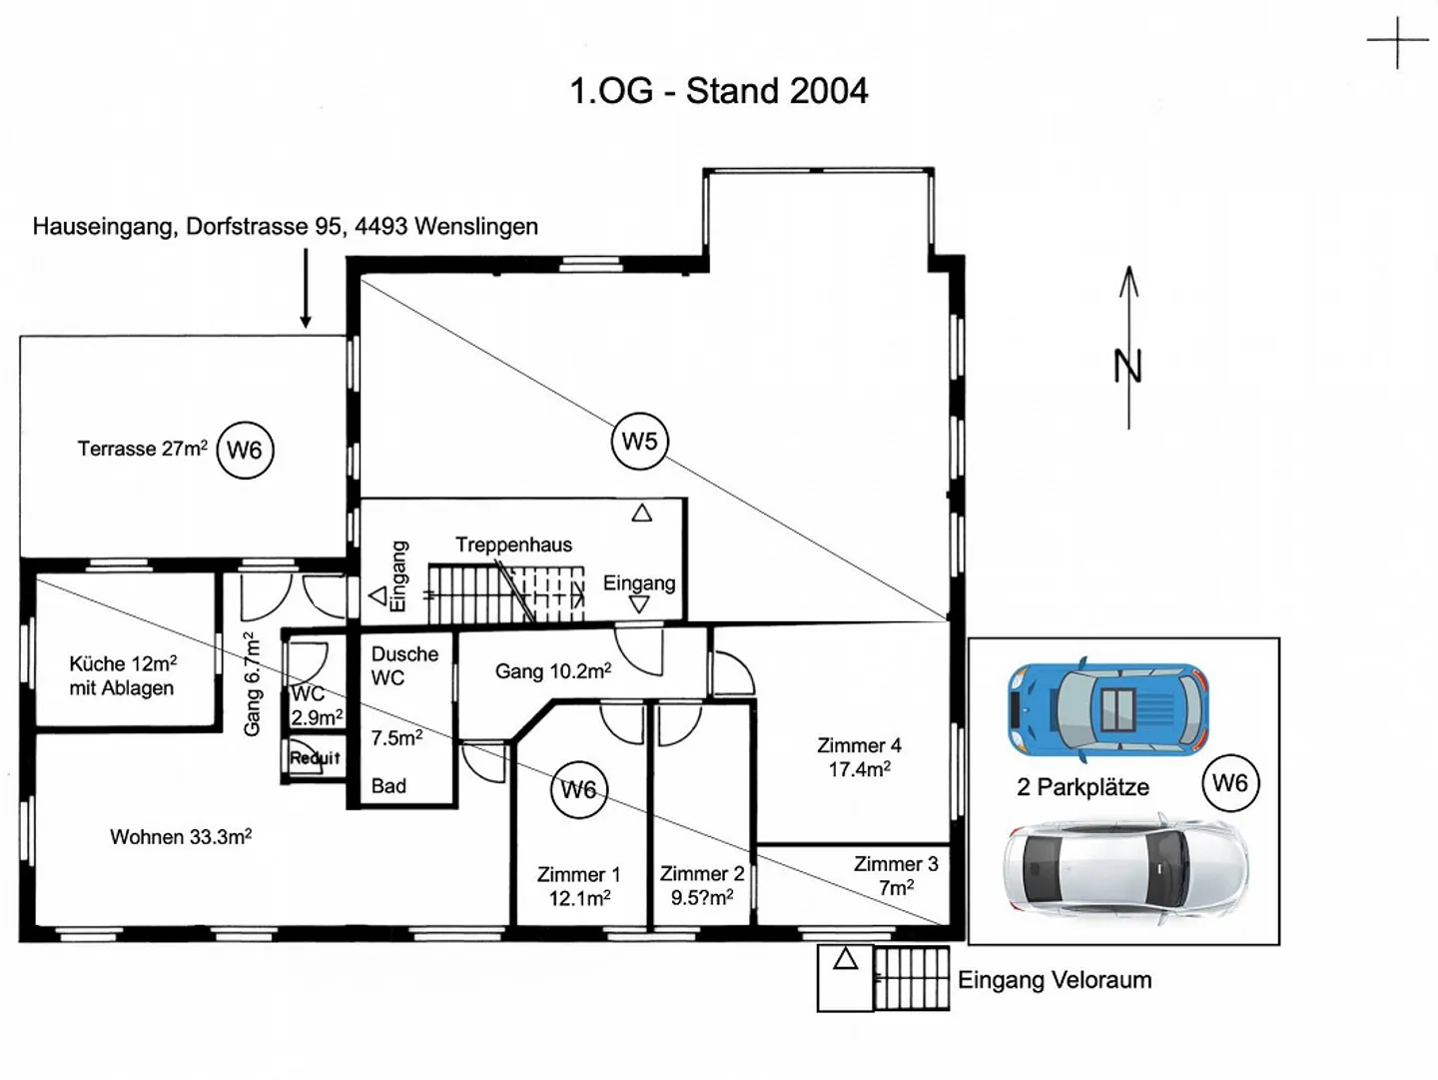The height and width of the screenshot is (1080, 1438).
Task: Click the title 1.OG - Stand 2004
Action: pyautogui.click(x=718, y=91)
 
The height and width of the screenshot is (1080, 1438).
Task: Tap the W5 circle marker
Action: pyautogui.click(x=639, y=442)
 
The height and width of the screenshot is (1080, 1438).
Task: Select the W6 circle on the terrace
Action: pyautogui.click(x=245, y=451)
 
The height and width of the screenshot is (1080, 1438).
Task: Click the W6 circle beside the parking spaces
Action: pyautogui.click(x=1229, y=783)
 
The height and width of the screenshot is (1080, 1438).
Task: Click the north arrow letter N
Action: pyautogui.click(x=1127, y=367)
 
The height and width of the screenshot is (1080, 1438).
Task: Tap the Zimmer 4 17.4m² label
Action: pyautogui.click(x=859, y=757)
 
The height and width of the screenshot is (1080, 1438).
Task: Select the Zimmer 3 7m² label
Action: pyautogui.click(x=896, y=875)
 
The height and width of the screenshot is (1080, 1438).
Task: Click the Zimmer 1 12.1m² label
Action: pyautogui.click(x=579, y=886)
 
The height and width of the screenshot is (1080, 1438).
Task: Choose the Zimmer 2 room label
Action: pyautogui.click(x=702, y=886)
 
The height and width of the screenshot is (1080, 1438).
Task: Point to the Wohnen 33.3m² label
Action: pyautogui.click(x=181, y=837)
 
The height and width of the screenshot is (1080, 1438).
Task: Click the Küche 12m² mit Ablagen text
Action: pyautogui.click(x=123, y=675)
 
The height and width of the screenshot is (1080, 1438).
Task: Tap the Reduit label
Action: pyautogui.click(x=315, y=758)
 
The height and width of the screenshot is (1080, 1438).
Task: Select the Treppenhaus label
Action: pyautogui.click(x=514, y=544)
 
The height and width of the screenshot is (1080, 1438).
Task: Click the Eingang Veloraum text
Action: pyautogui.click(x=1055, y=980)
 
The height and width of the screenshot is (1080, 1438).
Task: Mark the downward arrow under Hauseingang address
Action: pyautogui.click(x=306, y=290)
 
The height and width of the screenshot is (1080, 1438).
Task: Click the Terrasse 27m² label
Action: pyautogui.click(x=143, y=449)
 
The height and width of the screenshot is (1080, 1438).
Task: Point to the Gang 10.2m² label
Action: pyautogui.click(x=553, y=671)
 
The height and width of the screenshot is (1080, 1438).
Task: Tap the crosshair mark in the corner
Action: pyautogui.click(x=1397, y=42)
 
